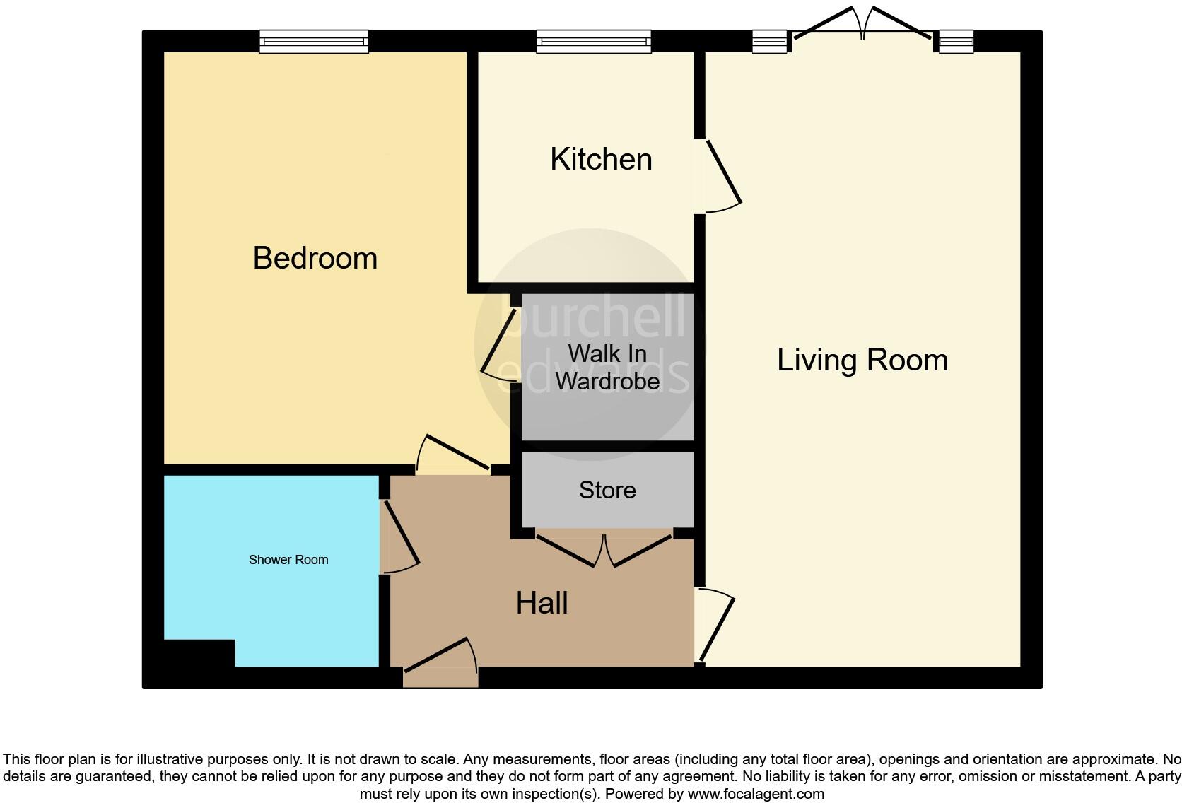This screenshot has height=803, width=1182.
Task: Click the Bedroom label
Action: click(315, 258)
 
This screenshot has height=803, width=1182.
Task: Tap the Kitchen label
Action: click(601, 159)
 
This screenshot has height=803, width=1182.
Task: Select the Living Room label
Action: click(862, 360)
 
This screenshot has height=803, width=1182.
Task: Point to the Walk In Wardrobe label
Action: click(607, 367)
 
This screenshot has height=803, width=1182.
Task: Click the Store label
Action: click(607, 490)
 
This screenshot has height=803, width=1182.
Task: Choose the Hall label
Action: click(542, 603)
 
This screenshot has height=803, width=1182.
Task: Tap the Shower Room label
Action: click(288, 560)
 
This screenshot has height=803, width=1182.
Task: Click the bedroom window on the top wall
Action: click(314, 42)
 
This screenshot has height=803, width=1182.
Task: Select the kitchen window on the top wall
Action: click(594, 42)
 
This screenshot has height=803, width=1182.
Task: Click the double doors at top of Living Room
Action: click(862, 25)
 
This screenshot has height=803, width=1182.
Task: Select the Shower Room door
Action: click(399, 537)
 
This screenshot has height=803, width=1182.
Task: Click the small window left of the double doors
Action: click(769, 42)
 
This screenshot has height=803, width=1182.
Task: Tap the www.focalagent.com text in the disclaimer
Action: click(756, 794)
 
